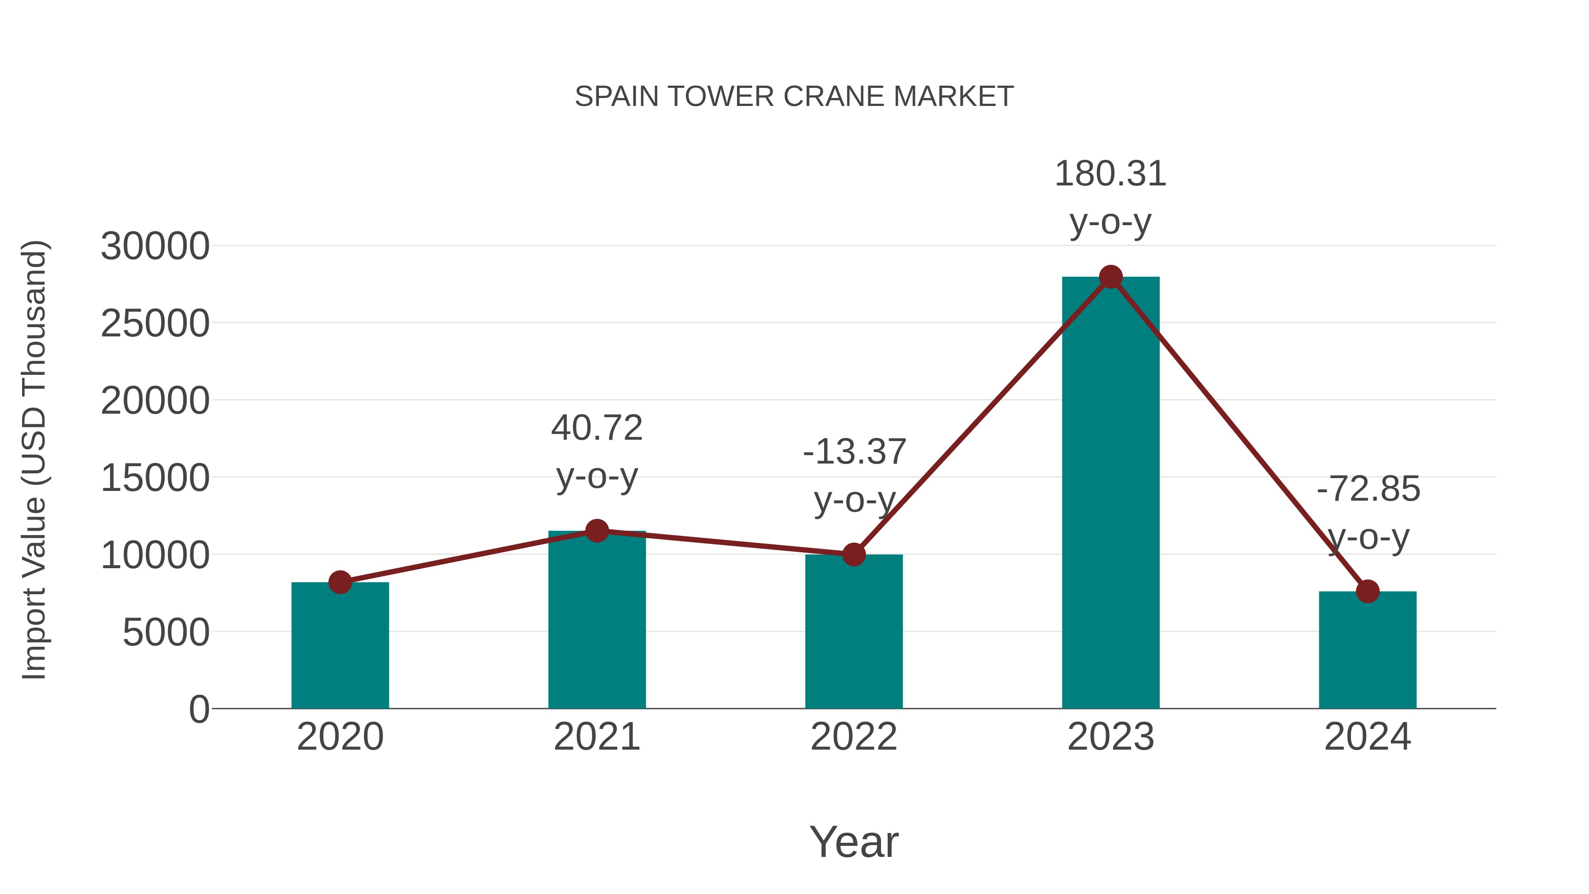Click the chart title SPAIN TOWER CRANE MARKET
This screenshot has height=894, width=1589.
pos(794,97)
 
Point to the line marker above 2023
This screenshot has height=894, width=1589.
pos(1111,277)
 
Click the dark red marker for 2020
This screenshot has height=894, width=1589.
pos(340,582)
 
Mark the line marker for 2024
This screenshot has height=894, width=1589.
pos(1367,591)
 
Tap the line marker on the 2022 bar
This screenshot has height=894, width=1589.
pos(854,555)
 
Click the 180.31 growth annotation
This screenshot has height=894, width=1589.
pos(1111,174)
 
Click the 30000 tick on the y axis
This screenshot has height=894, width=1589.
pos(155,246)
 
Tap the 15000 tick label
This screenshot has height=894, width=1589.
pos(155,478)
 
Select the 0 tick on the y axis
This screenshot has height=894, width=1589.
pos(199,709)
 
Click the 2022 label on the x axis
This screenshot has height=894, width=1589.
pos(854,737)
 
